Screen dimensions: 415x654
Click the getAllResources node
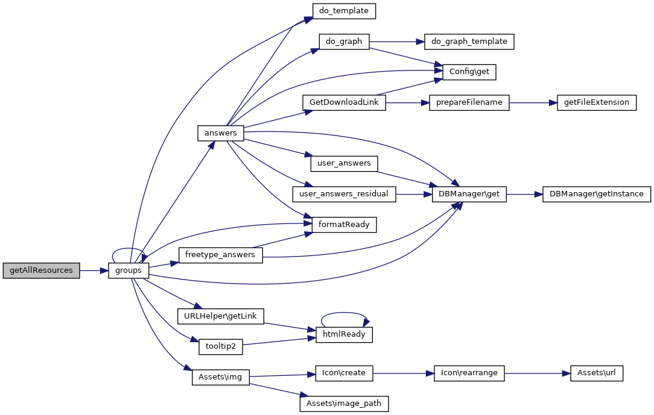pyautogui.click(x=41, y=270)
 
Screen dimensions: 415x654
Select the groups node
pyautogui.click(x=129, y=270)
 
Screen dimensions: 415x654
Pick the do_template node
pyautogui.click(x=344, y=11)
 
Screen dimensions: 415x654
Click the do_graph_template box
pyautogui.click(x=469, y=42)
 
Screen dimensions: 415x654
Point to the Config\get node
pyautogui.click(x=469, y=72)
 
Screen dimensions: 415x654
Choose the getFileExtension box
pyautogui.click(x=596, y=102)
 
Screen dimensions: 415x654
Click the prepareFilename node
pyautogui.click(x=469, y=102)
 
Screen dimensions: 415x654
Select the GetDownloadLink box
pyautogui.click(x=344, y=102)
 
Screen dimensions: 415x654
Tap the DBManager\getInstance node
pyautogui.click(x=596, y=194)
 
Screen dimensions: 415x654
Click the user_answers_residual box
pyautogui.click(x=344, y=194)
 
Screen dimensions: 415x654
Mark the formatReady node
pyautogui.click(x=344, y=225)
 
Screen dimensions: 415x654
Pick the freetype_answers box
pyautogui.click(x=220, y=255)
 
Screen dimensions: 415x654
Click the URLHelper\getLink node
pyautogui.click(x=220, y=316)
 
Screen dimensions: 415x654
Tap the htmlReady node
pyautogui.click(x=344, y=334)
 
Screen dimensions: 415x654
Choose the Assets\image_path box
pyautogui.click(x=344, y=404)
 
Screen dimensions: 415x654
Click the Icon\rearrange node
pyautogui.click(x=469, y=373)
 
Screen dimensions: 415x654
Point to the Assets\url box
pyautogui.click(x=596, y=373)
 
